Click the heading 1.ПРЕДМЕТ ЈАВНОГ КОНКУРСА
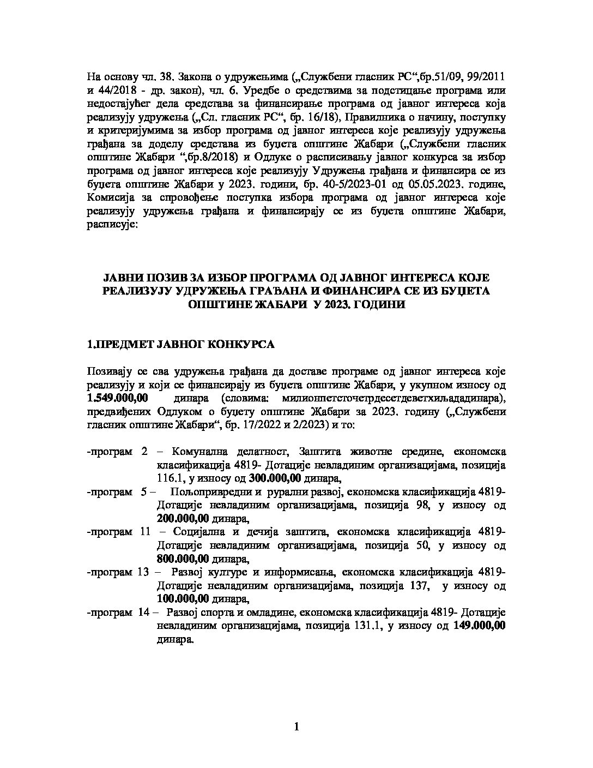181,345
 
